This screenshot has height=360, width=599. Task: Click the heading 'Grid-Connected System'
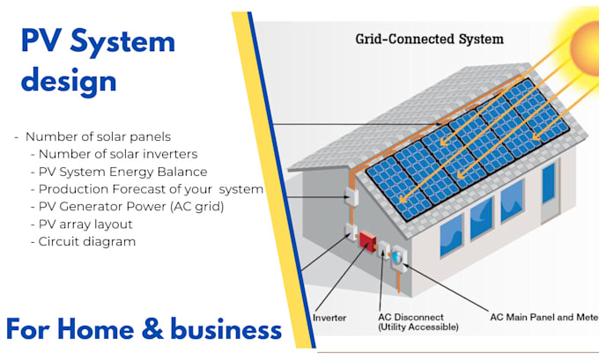tap(429, 39)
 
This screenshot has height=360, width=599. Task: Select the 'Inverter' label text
tap(329, 317)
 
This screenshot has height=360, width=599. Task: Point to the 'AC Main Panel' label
tap(532, 316)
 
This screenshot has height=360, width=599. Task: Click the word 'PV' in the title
tap(41, 41)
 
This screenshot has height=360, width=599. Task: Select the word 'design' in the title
tap(69, 80)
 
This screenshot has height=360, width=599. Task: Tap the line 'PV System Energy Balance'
tap(123, 172)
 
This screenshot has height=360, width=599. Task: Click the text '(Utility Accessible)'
tap(418, 327)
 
